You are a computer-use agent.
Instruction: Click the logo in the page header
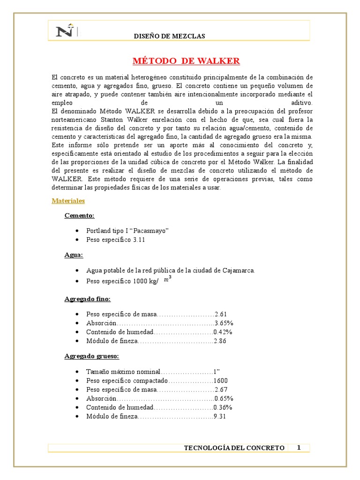66,31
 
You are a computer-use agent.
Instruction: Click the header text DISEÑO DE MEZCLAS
169,37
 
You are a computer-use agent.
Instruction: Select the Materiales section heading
68,201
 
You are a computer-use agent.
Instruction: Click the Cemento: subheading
80,216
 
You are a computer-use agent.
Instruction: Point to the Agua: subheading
74,255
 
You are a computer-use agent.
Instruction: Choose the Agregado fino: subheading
87,299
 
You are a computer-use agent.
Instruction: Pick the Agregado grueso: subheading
91,356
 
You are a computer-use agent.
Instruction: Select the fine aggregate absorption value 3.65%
224,323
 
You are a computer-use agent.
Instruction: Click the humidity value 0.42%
223,332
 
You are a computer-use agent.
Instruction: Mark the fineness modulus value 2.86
220,341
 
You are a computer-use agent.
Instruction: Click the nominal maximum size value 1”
217,372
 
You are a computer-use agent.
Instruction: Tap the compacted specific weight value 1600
220,381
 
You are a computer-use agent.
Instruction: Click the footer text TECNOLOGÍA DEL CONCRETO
234,448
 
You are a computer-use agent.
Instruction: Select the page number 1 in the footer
299,447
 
